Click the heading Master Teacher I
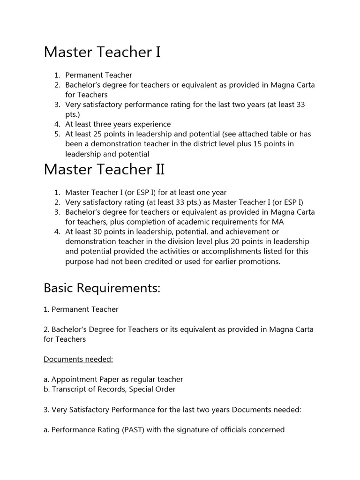(x=102, y=52)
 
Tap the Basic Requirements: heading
(x=102, y=288)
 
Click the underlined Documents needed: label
(x=78, y=359)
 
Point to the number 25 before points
(x=103, y=134)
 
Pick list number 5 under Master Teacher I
(x=57, y=134)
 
